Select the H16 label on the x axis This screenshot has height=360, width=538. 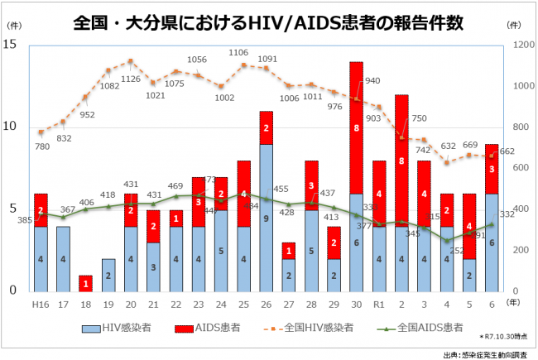coord(41,305)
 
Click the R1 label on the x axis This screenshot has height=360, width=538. coord(378,305)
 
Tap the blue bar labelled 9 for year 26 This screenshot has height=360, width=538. coord(266,218)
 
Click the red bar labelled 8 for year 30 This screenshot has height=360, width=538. coord(356,127)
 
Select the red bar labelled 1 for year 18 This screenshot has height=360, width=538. coord(85,283)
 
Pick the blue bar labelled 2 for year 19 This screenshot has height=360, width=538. coord(108,275)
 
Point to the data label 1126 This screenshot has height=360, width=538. coord(131,79)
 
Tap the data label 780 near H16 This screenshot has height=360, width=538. coord(41,146)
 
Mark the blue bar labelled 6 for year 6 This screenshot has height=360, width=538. coord(492,242)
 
